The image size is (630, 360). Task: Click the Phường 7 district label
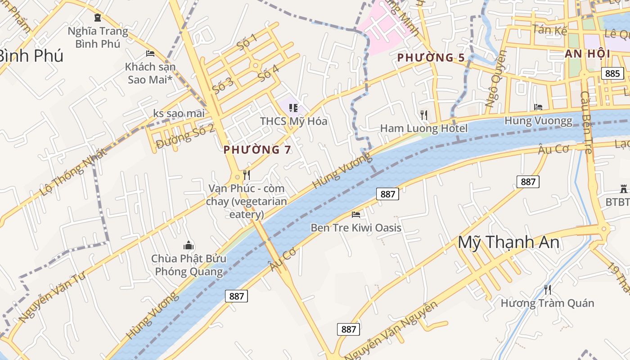[x=257, y=150]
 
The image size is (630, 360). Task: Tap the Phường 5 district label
[x=431, y=58]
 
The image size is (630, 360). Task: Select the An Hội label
[x=587, y=54]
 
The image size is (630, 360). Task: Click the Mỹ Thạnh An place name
[x=508, y=243]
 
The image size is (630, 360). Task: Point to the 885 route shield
[x=612, y=73]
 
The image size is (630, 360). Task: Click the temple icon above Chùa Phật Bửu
[x=189, y=245]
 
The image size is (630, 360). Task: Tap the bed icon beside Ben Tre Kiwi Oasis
[x=356, y=215]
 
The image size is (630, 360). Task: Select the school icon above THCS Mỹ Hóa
[x=293, y=108]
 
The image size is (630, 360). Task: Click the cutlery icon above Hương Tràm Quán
[x=547, y=289]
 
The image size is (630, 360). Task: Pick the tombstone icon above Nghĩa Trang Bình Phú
[x=97, y=18]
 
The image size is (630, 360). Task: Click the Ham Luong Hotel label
[x=424, y=129]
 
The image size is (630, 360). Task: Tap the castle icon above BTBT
[x=623, y=189]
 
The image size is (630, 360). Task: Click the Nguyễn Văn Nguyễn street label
[x=391, y=330]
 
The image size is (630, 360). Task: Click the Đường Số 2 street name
[x=185, y=137]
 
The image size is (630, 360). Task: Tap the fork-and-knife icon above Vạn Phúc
[x=246, y=175]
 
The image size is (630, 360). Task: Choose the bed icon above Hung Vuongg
[x=538, y=107]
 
